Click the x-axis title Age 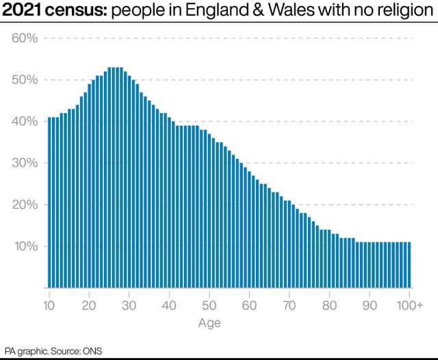click(209, 322)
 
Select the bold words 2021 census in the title click(53, 12)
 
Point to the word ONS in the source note click(92, 350)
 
